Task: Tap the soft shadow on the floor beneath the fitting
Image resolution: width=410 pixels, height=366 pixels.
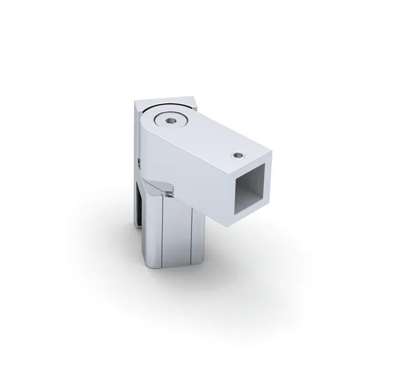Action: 225,267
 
